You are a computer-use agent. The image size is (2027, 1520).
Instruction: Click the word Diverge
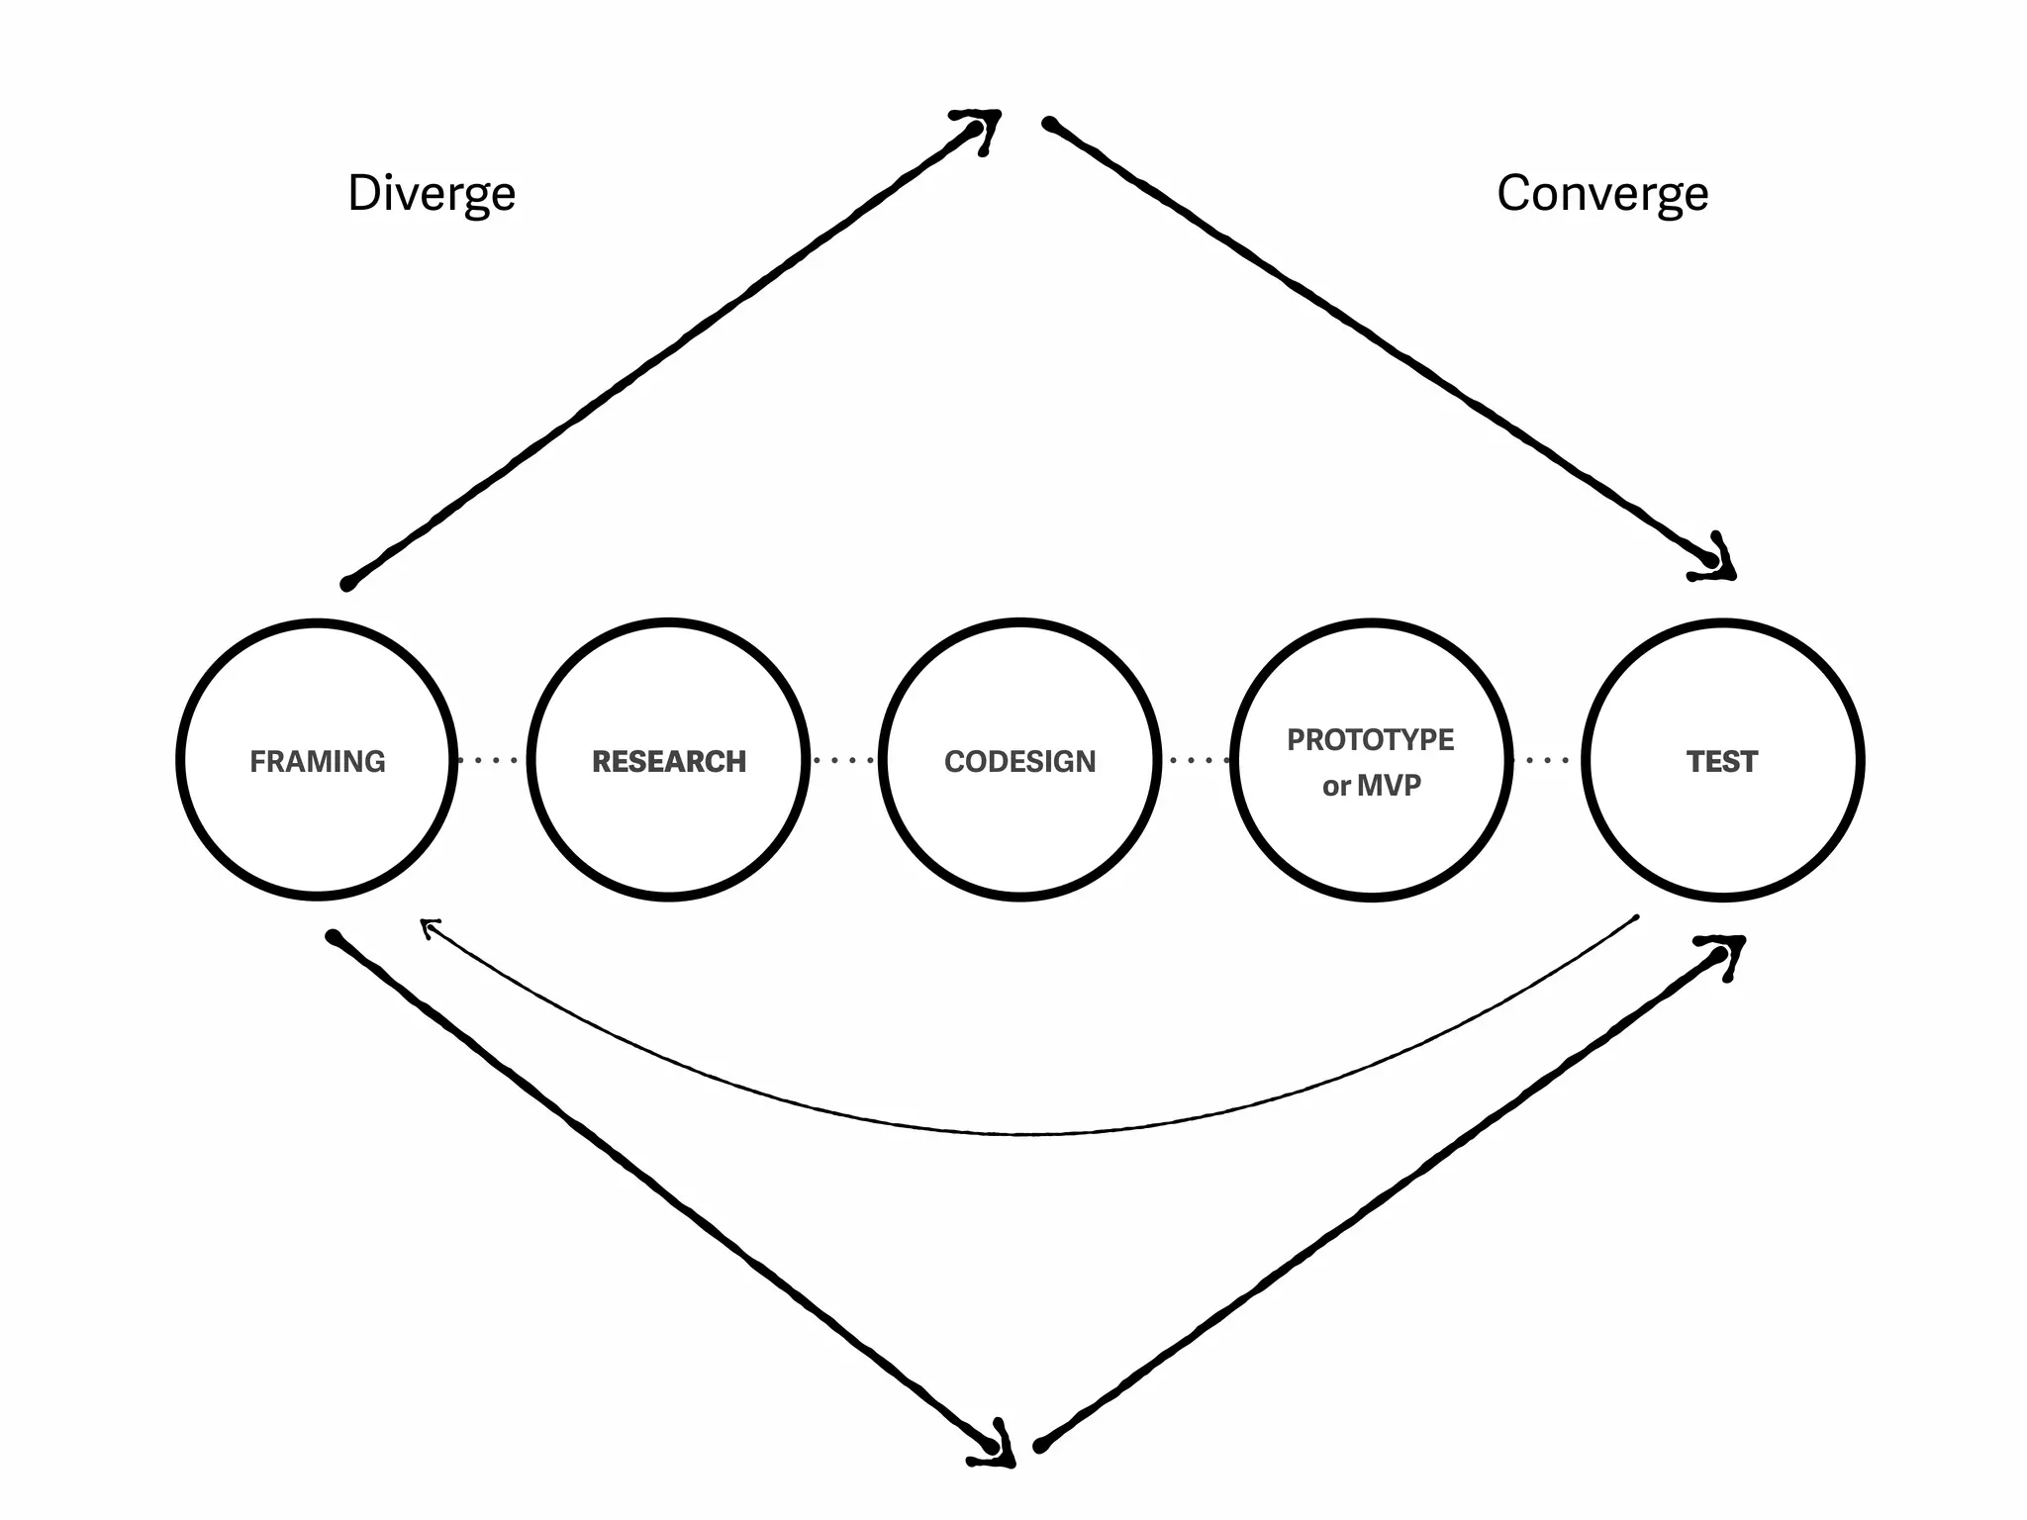coord(432,193)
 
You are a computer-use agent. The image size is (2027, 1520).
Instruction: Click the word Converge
coord(1601,193)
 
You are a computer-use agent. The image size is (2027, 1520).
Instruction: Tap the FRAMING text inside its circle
coord(318,761)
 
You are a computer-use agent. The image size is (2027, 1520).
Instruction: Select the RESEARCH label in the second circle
coord(669,761)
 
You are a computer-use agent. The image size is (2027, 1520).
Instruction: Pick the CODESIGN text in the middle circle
coord(1020,761)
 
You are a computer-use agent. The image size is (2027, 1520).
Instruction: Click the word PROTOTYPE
coord(1371,739)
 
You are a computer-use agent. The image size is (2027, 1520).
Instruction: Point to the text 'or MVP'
coord(1371,786)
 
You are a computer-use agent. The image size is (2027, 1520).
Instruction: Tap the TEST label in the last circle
coord(1722,761)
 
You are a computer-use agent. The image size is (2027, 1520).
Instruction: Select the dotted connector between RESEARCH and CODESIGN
coord(844,760)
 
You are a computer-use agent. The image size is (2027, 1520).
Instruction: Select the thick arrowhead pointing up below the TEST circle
coord(1726,951)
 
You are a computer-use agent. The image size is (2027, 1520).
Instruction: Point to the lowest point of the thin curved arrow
coord(1029,1133)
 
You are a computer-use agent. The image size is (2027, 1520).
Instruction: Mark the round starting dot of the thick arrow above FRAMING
coord(347,584)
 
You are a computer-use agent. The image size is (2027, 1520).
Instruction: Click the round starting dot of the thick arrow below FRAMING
coord(334,936)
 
